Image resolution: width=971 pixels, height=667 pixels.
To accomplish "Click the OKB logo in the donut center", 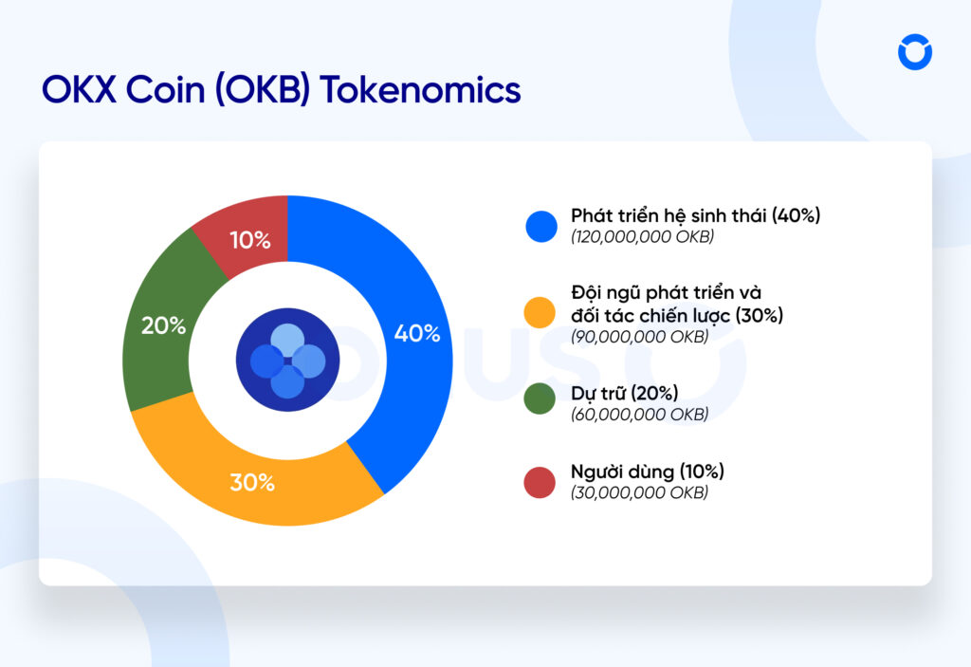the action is (288, 361).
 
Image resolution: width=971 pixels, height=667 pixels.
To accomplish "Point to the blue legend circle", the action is (541, 226).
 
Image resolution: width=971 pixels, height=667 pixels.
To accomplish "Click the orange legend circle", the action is (540, 312).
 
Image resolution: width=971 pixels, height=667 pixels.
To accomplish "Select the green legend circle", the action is (540, 398).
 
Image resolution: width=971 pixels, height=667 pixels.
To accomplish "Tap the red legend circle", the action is (540, 483).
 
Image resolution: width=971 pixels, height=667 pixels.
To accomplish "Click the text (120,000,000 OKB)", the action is (642, 237).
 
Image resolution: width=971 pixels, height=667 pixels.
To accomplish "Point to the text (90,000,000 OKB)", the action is (640, 337).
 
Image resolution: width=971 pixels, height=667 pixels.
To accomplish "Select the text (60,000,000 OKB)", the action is (640, 414).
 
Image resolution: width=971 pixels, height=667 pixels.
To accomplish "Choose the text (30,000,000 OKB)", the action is (640, 492).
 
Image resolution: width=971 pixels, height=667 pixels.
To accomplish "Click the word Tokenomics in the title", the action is (420, 90).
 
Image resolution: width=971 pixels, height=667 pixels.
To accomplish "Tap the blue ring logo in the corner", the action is (915, 52).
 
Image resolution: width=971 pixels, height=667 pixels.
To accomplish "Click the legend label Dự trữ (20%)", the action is (624, 393).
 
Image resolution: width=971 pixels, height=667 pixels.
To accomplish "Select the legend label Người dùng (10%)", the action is (647, 472).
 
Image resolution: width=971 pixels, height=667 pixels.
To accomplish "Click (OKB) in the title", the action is (263, 90).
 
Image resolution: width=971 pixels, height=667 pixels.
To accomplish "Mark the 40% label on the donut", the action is (417, 334).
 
